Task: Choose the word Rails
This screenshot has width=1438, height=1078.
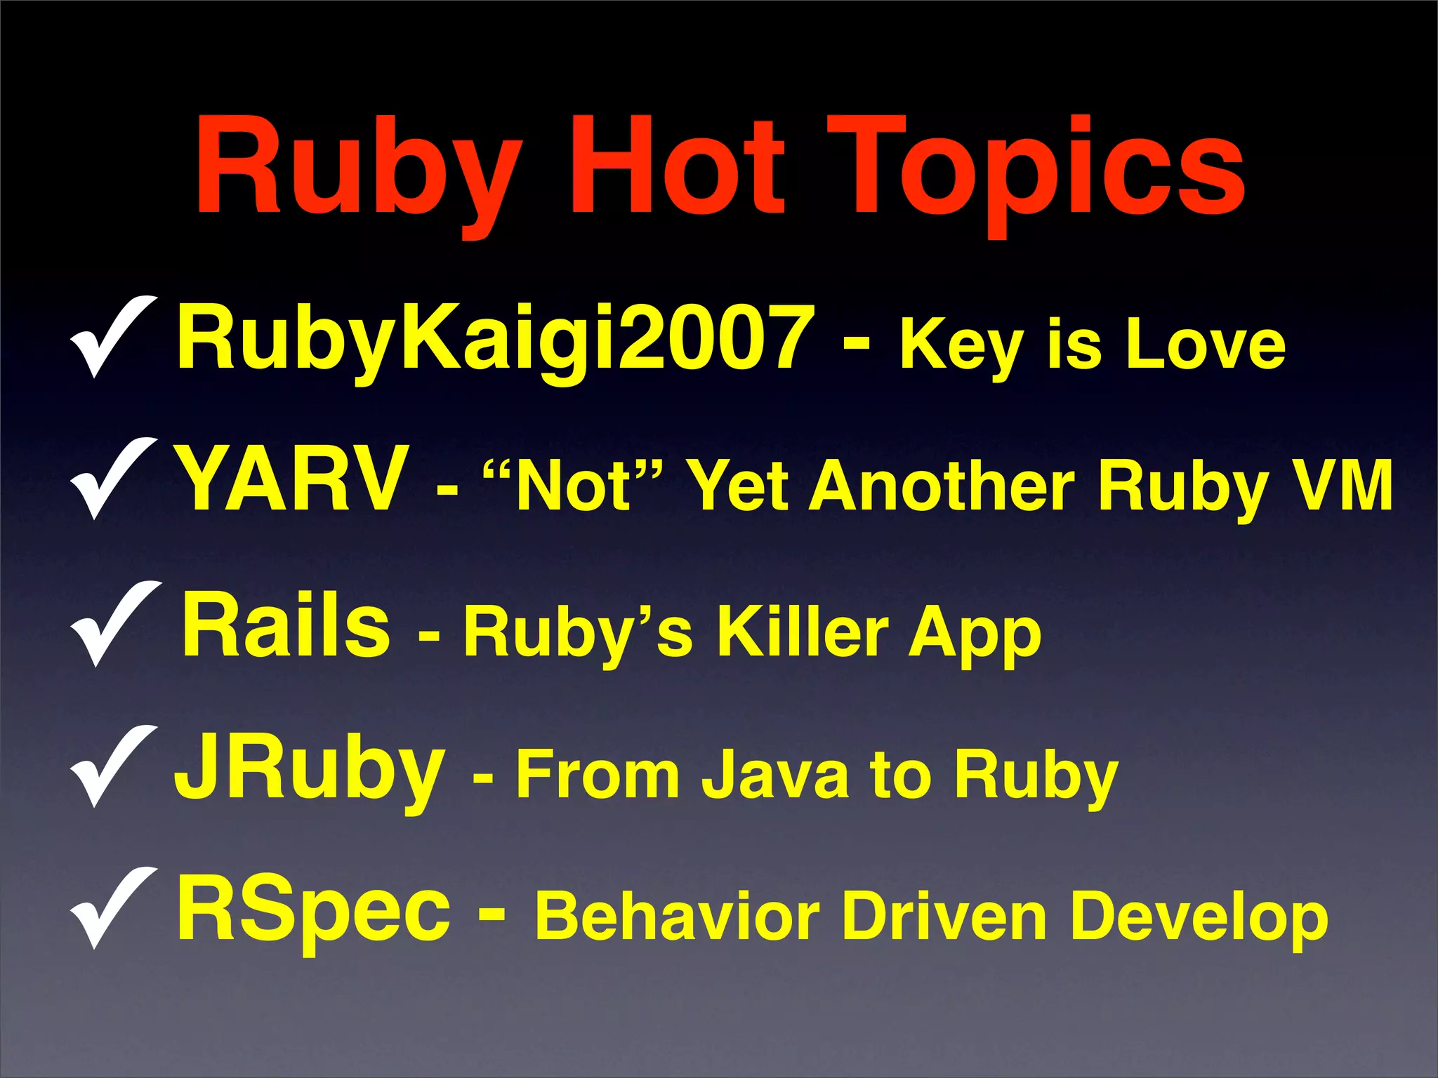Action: (285, 625)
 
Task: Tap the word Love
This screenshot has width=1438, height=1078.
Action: (1205, 344)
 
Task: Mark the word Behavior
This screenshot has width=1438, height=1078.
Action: (677, 916)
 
